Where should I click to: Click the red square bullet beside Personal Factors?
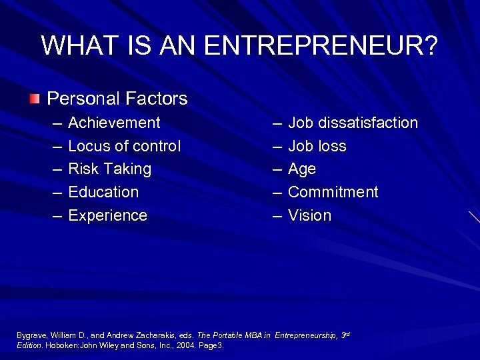tap(34, 99)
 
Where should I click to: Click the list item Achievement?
tap(114, 123)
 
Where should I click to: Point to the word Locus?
tap(88, 146)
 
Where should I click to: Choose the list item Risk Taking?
tap(110, 169)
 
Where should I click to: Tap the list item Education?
tap(103, 193)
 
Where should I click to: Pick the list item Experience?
tap(107, 216)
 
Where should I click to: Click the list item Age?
tap(302, 169)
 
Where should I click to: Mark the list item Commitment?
tap(333, 193)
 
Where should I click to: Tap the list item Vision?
tap(309, 216)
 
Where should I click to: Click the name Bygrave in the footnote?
tap(31, 335)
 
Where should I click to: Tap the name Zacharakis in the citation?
tap(152, 335)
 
